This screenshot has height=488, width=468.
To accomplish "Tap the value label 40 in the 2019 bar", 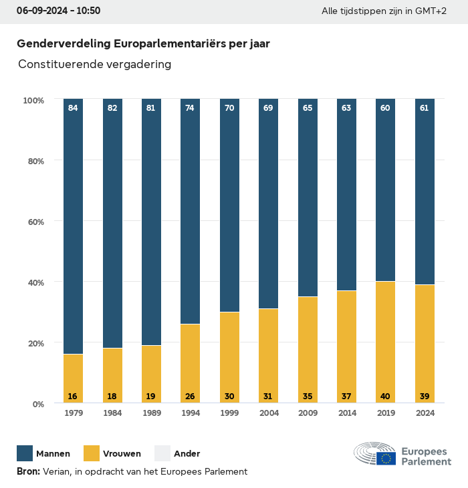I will coord(385,397).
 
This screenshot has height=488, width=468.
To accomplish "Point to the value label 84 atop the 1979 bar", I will coord(73,107).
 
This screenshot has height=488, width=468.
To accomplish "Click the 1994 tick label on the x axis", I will coord(190,413).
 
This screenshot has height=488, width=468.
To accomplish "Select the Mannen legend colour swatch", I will coord(25,453).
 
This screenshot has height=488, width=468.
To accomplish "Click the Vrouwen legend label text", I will coord(122,454).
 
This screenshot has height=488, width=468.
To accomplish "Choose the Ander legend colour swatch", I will coord(162,453).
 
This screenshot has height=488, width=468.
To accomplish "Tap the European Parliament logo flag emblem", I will coord(386,458).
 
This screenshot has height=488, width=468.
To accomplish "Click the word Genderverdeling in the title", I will coord(64,43).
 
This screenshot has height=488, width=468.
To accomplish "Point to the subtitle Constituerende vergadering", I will coord(95,64).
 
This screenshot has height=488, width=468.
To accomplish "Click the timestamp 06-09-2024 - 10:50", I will coord(58,11).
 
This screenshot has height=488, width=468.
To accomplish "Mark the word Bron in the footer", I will coord(28,471).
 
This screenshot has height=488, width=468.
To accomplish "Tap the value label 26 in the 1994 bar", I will coord(190,397).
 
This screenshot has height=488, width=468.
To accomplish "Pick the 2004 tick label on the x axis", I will coord(268,413).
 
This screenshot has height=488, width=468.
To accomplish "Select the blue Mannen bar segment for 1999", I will coord(229,207).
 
